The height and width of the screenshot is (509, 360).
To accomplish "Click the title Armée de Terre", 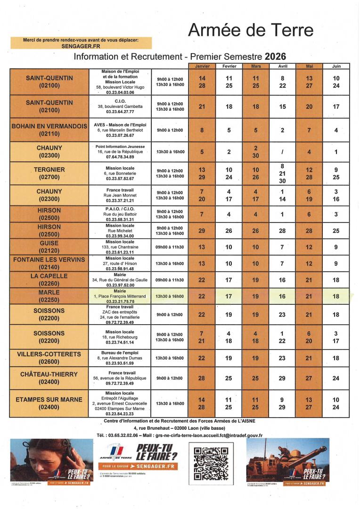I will pos(251,30).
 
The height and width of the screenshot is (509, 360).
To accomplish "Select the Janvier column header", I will pos(202,66).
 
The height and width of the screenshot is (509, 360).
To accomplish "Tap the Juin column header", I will pos(336,66).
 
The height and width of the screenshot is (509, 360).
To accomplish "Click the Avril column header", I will pos(283,66).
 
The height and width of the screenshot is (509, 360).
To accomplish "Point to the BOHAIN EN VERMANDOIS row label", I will pos(49,130).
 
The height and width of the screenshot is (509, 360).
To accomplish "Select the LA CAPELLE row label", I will pos(49,279).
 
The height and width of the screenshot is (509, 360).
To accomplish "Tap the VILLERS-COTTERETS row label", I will pos(49,358).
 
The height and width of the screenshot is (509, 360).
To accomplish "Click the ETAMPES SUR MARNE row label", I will pos(49,403).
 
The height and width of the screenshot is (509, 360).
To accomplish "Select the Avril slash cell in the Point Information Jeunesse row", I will pos(283,152).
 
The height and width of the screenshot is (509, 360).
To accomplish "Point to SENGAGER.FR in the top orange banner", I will pos(81,46).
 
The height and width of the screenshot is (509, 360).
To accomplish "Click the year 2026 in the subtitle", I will pos(275,57).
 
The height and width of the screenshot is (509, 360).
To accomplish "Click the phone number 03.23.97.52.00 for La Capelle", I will pos(120,285).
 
